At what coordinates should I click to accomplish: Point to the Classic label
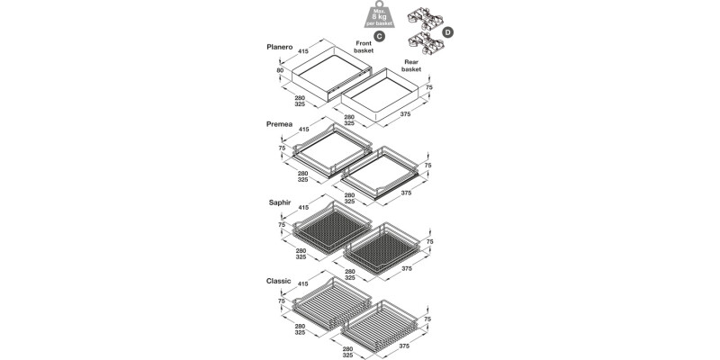279,281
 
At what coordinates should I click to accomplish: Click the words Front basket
364,47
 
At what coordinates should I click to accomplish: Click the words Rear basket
411,65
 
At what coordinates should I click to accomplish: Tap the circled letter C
380,36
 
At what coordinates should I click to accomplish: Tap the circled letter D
447,32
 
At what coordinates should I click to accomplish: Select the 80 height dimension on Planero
280,70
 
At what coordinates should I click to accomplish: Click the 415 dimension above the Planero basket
303,51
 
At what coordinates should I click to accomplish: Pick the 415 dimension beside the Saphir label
303,208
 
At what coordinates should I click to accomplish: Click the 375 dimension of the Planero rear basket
405,113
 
